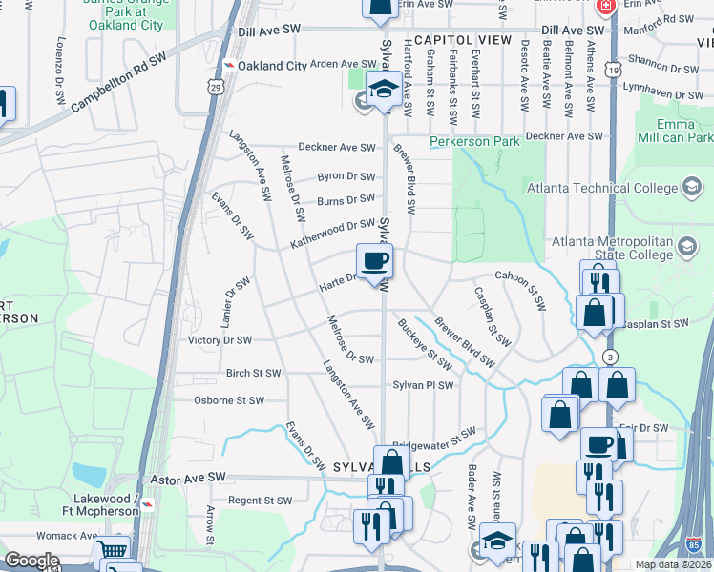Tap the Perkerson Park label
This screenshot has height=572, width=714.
(474, 141)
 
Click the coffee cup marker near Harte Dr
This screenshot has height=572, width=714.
(374, 259)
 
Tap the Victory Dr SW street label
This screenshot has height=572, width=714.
(220, 340)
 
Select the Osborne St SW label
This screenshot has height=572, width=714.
(229, 401)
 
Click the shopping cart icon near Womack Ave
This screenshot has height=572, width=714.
(113, 550)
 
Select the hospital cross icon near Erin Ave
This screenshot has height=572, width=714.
(604, 7)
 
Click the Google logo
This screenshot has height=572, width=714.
(31, 561)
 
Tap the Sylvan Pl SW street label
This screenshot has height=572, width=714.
(423, 386)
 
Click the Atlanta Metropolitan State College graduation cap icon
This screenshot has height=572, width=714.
(686, 249)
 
